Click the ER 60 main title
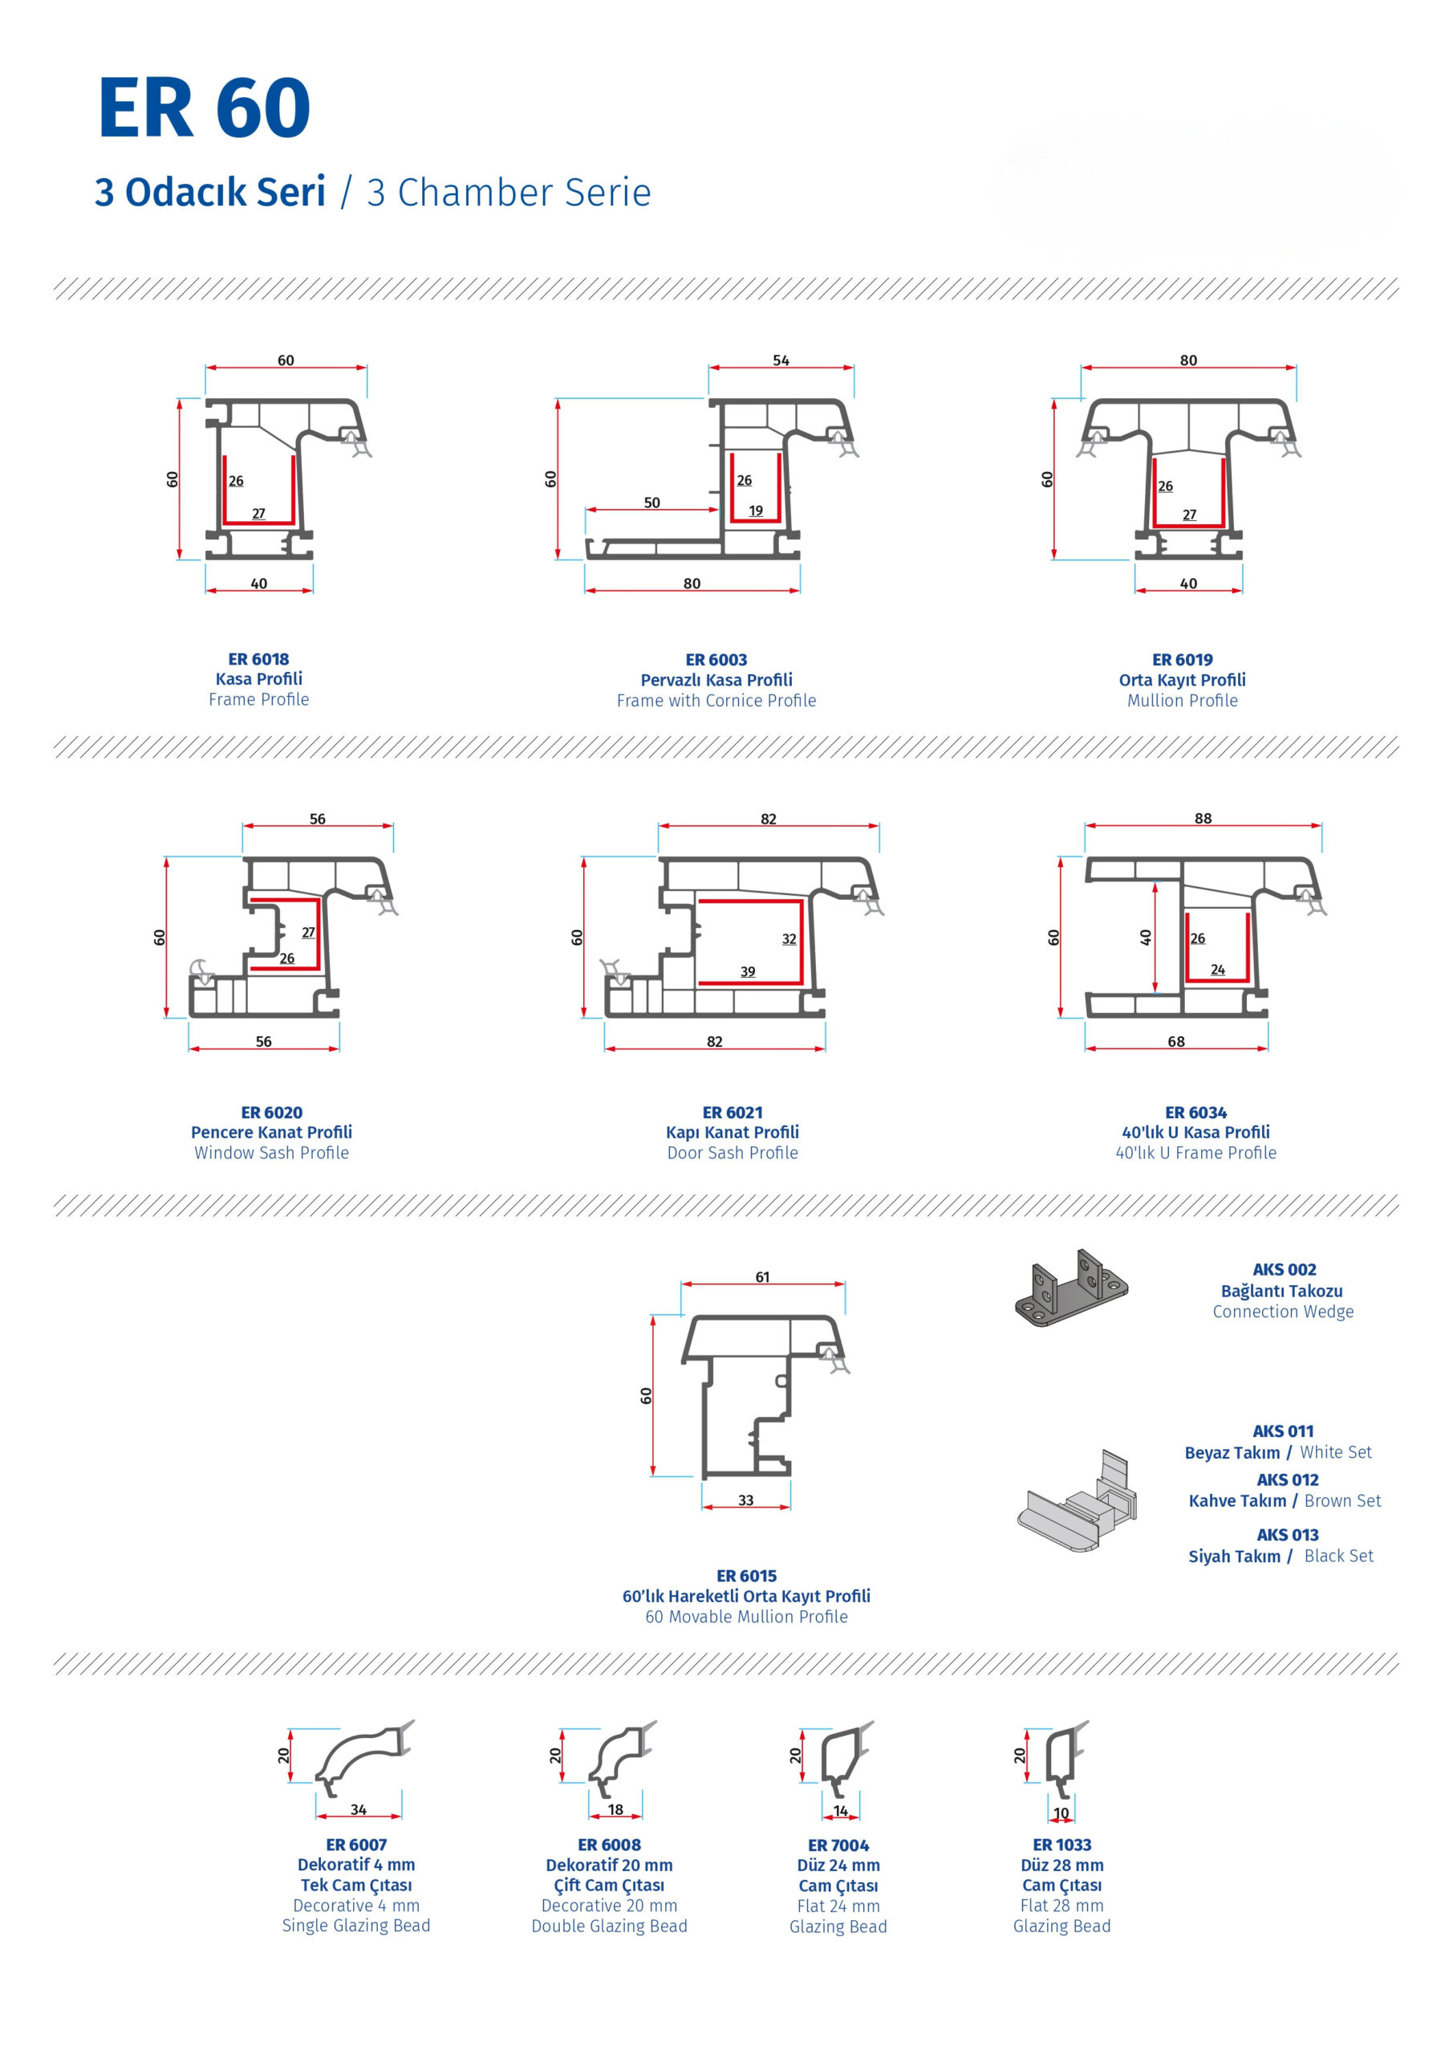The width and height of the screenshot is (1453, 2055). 204,108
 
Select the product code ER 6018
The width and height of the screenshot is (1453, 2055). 258,659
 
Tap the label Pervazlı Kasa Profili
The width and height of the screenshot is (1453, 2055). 716,680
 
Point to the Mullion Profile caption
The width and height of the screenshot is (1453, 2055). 1182,701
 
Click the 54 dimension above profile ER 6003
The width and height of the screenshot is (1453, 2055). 781,360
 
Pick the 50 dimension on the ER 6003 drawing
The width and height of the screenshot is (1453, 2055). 652,503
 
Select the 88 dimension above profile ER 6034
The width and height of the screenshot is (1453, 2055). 1203,818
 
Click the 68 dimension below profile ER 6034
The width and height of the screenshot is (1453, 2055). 1175,1042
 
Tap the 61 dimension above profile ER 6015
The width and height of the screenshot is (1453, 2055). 762,1277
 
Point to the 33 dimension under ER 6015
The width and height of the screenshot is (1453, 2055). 745,1500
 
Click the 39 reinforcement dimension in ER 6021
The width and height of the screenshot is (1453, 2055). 748,972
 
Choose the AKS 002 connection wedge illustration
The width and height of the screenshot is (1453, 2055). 1071,1289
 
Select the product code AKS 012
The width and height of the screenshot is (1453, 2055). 1287,1479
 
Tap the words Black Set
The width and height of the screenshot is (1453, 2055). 1338,1556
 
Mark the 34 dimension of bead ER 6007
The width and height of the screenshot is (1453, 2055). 358,1809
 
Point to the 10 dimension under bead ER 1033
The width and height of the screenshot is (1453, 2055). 1061,1813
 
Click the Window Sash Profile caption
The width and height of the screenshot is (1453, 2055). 271,1153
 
